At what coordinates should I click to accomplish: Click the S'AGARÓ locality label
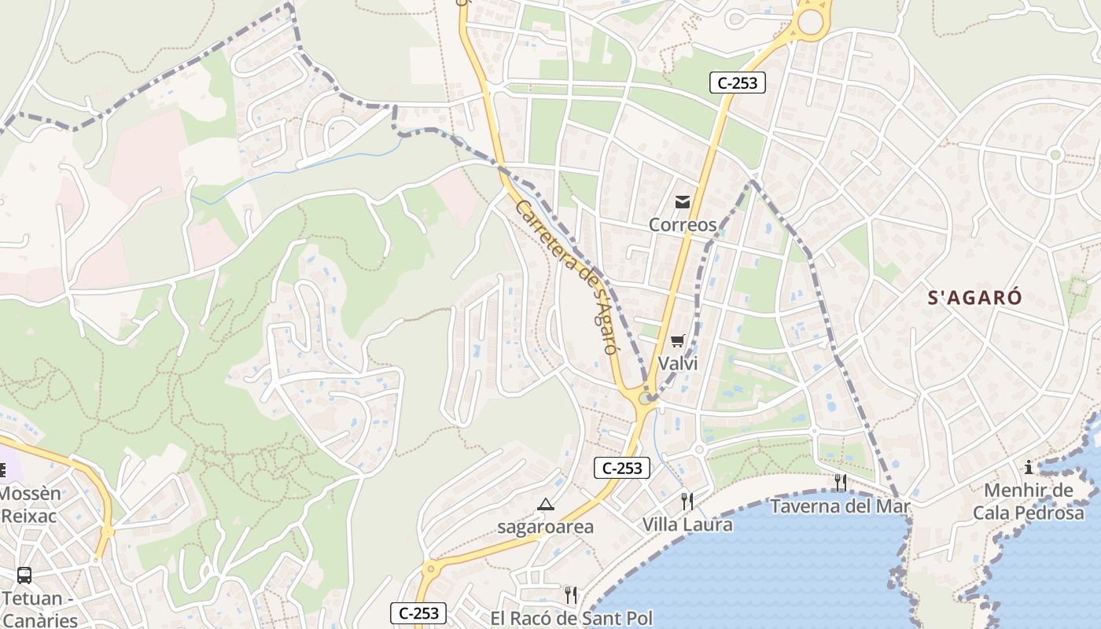pos(974,298)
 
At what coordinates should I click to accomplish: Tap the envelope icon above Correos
pos(682,203)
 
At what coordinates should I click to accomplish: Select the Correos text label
pos(682,225)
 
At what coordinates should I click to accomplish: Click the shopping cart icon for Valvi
pos(677,341)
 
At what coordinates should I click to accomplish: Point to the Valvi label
pos(677,363)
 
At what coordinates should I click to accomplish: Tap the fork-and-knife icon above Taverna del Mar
pos(840,482)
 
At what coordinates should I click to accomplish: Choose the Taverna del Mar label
pos(840,506)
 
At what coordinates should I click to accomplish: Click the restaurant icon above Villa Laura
pos(687,501)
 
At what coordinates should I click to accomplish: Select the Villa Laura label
pos(687,524)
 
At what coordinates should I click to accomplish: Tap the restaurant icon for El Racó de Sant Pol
pos(571,594)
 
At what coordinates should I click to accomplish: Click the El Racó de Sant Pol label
pos(571,618)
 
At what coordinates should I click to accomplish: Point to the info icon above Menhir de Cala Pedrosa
pos(1029,468)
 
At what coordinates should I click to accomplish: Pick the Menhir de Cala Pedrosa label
pos(1029,502)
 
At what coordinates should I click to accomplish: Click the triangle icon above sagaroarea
pos(545,504)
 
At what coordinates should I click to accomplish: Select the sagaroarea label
pos(545,527)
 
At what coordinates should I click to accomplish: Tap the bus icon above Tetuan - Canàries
pos(24,575)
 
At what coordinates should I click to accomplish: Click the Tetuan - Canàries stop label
pos(39,609)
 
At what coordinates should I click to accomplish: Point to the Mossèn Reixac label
pos(30,505)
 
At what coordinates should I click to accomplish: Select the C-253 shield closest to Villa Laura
pos(622,468)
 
